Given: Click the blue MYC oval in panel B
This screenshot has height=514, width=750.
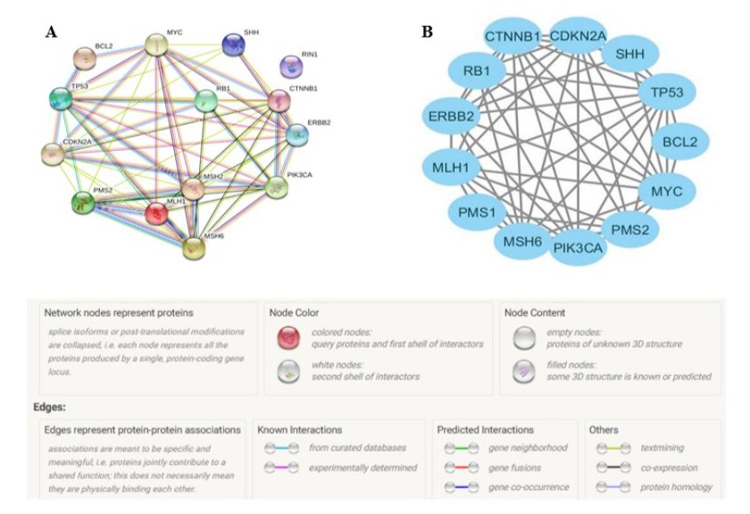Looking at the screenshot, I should [665, 191].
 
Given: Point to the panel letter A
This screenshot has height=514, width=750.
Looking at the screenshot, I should [52, 30].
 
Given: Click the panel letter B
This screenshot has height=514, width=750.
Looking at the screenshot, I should [427, 30].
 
